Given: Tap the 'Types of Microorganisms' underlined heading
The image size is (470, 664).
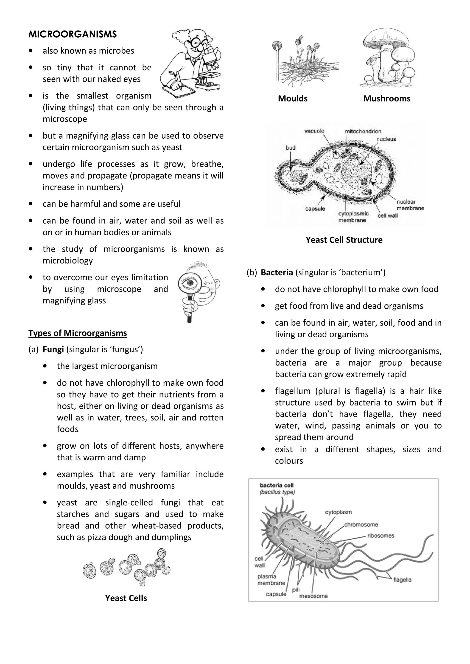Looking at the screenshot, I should (78, 333).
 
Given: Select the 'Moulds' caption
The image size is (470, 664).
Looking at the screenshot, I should (292, 98).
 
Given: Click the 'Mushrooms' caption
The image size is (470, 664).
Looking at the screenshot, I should (387, 98).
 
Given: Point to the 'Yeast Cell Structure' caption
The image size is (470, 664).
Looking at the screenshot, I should (344, 240).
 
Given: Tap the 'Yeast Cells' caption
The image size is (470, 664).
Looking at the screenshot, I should (126, 598).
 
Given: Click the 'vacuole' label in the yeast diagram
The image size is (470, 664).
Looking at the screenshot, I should (314, 131).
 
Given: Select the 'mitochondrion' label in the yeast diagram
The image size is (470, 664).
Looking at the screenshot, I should (363, 131).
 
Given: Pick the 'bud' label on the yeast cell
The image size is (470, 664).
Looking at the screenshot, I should (291, 148).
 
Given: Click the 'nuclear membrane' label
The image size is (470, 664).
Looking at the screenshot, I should (410, 205).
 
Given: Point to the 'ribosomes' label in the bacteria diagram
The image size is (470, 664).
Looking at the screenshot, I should (380, 536).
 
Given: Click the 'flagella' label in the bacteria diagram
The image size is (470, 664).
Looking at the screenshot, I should (402, 579).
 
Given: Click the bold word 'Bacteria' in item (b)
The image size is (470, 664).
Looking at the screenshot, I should (277, 272).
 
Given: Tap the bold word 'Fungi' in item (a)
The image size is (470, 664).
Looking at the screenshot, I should (53, 349).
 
